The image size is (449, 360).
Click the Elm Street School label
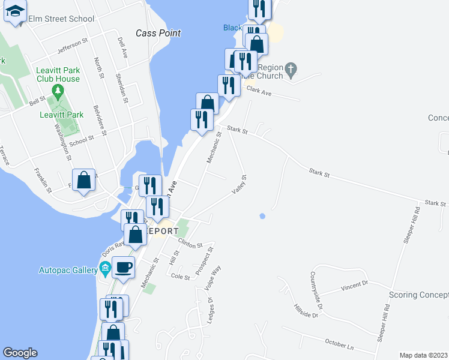(61, 19)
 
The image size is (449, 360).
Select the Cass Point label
(158, 34)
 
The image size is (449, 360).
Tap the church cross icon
(291, 70)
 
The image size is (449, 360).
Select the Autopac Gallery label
(68, 270)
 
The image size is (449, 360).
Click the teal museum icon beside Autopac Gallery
(106, 268)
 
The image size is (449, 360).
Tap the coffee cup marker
(123, 267)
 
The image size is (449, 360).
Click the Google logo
(20, 353)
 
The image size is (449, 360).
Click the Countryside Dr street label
(316, 290)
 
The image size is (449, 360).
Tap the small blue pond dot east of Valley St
(262, 216)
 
